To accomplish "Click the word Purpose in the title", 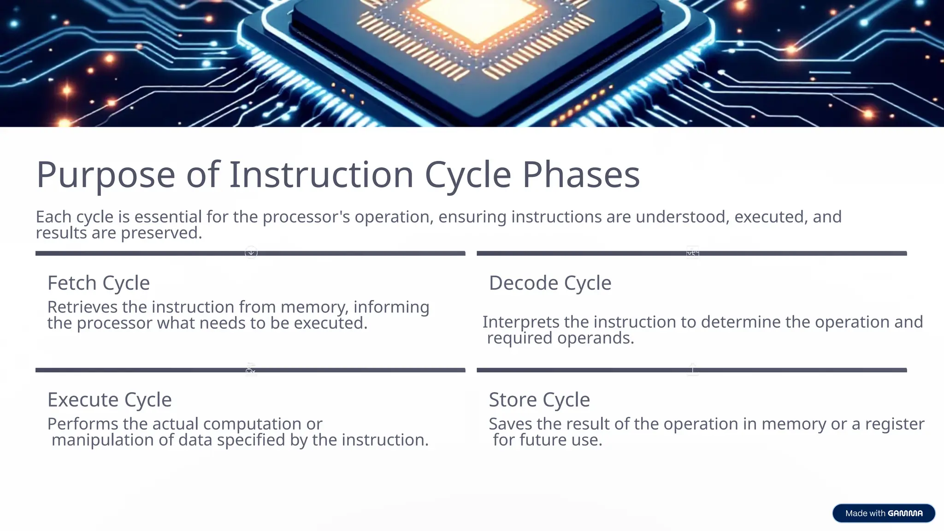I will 106,175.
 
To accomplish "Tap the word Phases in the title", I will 581,175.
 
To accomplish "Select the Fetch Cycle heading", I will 99,283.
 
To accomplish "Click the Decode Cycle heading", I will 550,283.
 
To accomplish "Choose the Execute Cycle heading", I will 110,400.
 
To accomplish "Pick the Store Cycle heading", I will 539,400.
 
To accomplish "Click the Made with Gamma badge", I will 883,513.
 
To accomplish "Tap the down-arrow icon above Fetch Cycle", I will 251,252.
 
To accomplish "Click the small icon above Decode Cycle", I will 692,252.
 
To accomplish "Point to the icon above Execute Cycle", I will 251,369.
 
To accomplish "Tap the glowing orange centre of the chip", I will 477,18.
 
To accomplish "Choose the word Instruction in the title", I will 321,175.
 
